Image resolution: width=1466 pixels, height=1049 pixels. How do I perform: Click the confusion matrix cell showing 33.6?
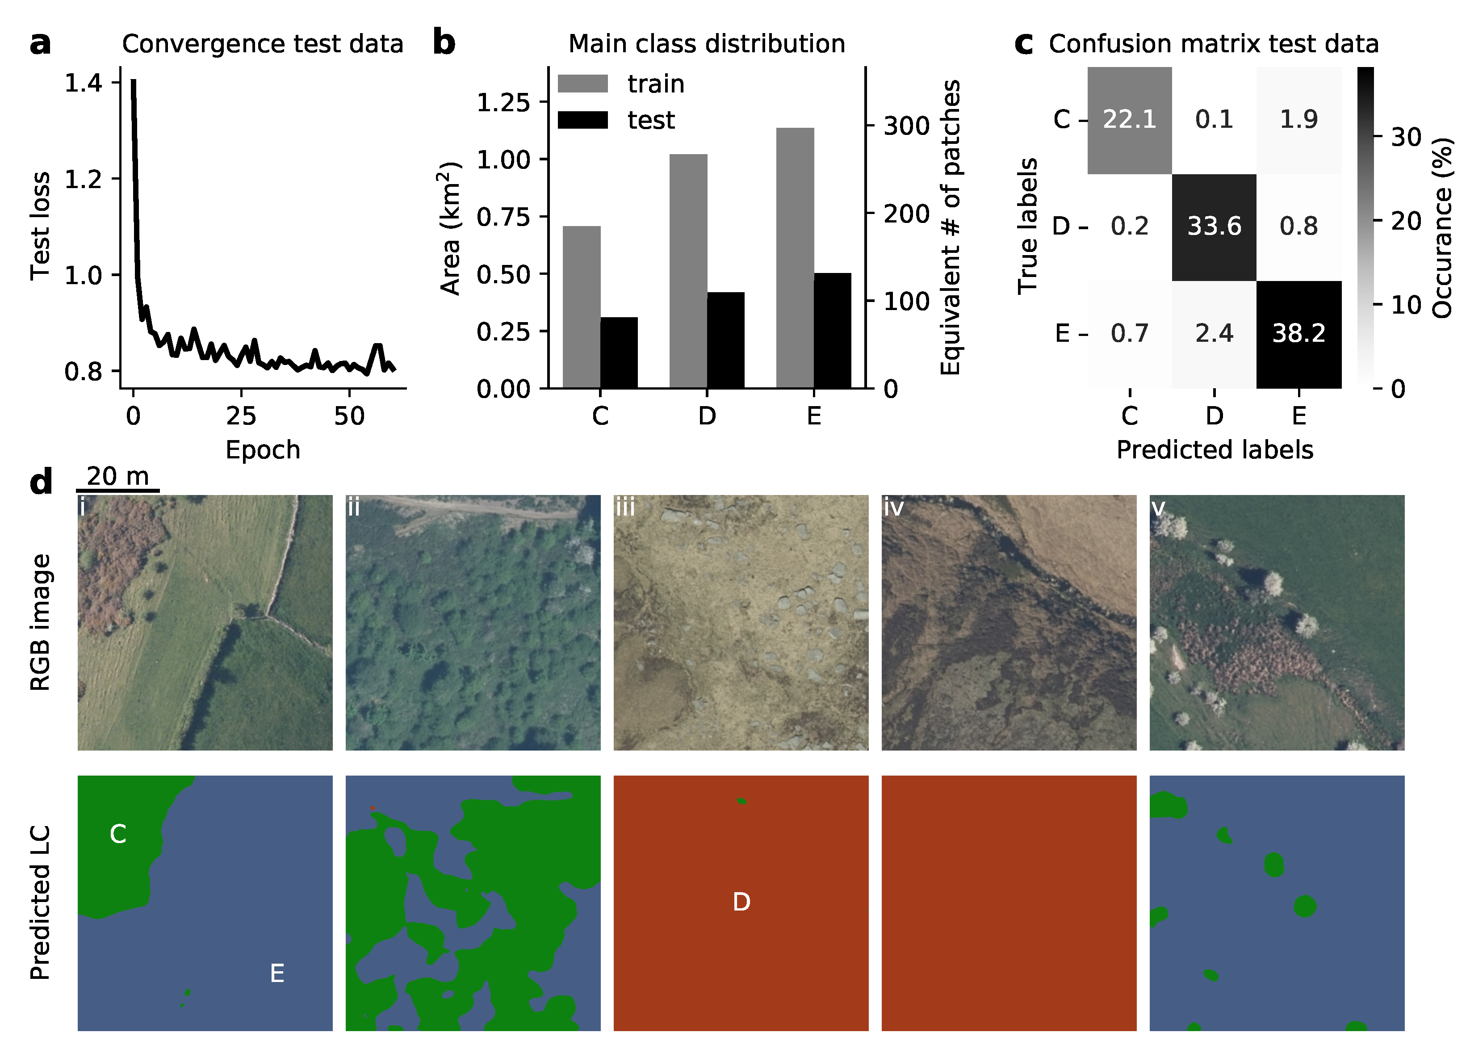pyautogui.click(x=1214, y=227)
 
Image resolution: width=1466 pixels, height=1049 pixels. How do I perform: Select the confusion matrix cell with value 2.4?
pyautogui.click(x=1214, y=333)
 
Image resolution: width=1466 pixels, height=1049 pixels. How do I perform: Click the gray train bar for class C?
pyautogui.click(x=581, y=307)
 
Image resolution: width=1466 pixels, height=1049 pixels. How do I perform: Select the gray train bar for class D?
pyautogui.click(x=688, y=271)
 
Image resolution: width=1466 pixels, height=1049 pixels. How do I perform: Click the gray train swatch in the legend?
pyautogui.click(x=582, y=84)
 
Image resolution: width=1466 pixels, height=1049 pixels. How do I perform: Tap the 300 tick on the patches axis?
pyautogui.click(x=906, y=126)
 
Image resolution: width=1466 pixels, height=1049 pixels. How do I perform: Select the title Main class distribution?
pyautogui.click(x=707, y=44)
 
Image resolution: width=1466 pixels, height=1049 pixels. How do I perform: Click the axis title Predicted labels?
pyautogui.click(x=1214, y=449)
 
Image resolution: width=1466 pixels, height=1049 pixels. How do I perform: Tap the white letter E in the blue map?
pyautogui.click(x=276, y=973)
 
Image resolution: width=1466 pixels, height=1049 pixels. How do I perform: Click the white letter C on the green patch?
pyautogui.click(x=117, y=834)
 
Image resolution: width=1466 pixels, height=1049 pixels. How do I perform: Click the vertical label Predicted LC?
pyautogui.click(x=40, y=902)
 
